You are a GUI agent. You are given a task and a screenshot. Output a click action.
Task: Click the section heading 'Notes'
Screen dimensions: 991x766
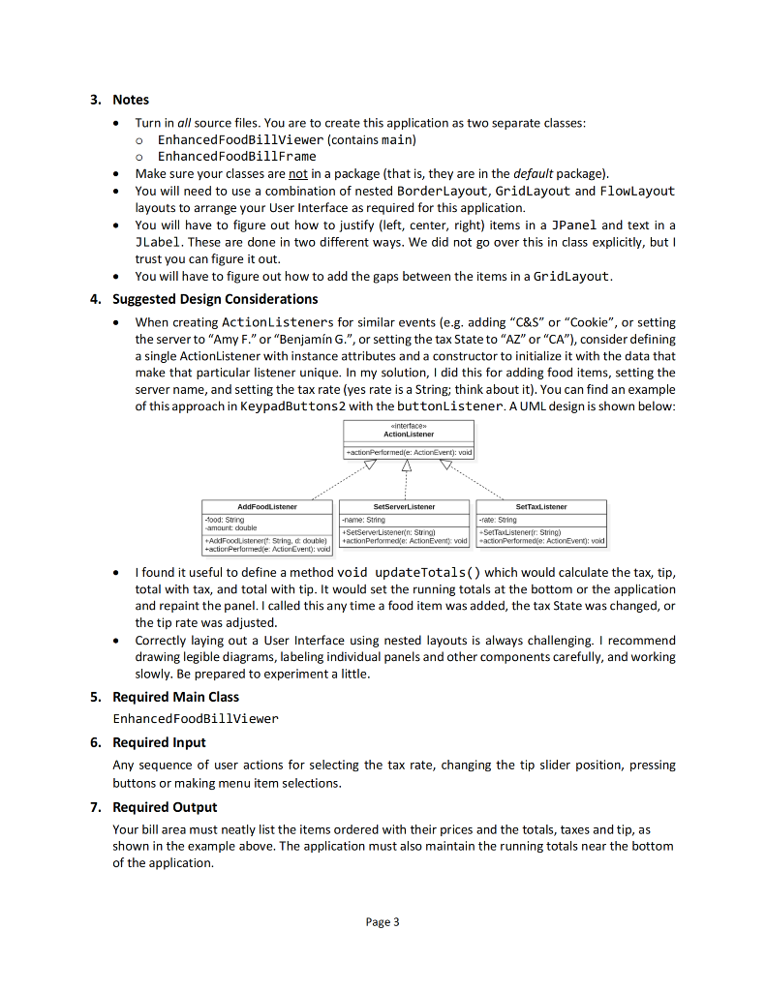pos(131,100)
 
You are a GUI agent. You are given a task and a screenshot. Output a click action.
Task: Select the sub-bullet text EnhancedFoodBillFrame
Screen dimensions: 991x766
pos(237,156)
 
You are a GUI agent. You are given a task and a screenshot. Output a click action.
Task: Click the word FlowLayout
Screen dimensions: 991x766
pos(637,191)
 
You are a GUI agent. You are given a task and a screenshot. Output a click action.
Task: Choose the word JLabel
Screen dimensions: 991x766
pos(156,242)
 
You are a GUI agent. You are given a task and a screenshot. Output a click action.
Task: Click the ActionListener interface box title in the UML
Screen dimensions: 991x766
pos(409,435)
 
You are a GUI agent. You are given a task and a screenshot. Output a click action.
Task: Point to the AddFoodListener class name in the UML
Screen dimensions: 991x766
pos(266,506)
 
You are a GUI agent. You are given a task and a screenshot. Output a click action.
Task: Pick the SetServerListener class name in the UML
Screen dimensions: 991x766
pos(403,506)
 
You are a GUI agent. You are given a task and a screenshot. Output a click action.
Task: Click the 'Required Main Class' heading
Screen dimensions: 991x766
pos(175,697)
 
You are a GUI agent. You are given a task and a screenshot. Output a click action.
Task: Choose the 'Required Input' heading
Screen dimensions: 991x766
pos(159,742)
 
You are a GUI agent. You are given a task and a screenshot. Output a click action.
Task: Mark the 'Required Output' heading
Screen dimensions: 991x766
pos(165,807)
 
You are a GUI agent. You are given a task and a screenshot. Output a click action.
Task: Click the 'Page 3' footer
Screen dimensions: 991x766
pos(383,922)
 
